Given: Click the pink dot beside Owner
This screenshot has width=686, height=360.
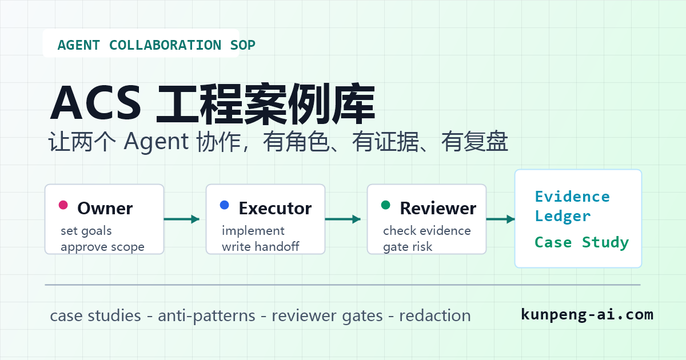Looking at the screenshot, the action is click(63, 205).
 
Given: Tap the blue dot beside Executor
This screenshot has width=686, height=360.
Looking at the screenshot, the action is click(225, 205).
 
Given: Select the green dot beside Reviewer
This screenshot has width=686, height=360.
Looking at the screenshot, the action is click(385, 205).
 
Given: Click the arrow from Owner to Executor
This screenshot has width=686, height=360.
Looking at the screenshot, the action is click(182, 219).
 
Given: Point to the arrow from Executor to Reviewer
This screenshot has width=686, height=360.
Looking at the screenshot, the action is click(342, 219).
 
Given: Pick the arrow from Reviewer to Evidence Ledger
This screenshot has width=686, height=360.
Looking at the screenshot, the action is click(500, 219).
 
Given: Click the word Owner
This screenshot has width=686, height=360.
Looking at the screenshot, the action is click(105, 209).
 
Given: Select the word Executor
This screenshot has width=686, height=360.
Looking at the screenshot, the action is click(275, 209).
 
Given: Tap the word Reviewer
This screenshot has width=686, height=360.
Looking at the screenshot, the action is click(438, 209).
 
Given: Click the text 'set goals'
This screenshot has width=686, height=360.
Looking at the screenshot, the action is click(86, 231).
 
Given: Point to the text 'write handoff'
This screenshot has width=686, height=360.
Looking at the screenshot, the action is click(260, 246).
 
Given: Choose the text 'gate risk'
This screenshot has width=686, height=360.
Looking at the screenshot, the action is click(407, 247).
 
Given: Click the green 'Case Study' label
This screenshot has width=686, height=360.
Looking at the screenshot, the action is click(581, 242).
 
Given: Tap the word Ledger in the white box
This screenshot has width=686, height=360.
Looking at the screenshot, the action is click(563, 217).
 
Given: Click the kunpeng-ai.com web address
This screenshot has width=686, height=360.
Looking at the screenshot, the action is click(587, 315).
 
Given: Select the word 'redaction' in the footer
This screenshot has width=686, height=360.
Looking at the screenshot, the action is click(435, 315).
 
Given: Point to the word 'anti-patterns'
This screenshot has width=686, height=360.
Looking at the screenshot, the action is click(206, 316).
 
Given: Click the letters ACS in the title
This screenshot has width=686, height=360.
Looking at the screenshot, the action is click(95, 103).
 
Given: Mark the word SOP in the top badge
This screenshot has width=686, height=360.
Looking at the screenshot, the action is click(242, 45).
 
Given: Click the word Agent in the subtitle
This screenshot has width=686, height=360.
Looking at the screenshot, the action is click(156, 142).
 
